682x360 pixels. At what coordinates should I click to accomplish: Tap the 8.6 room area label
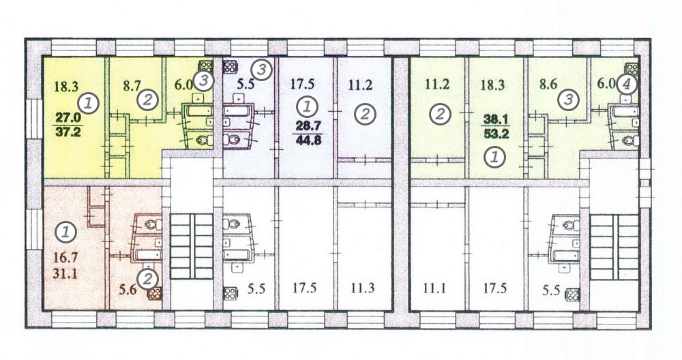coord(548,84)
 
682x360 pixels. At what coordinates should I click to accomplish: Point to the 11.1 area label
coord(434,288)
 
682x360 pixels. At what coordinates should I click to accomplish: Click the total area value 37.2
coord(68,132)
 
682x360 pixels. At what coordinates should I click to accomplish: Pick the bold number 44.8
coord(308,140)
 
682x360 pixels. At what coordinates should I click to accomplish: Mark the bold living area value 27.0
coord(68,118)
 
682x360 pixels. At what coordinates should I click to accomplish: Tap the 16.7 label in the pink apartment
coord(65,258)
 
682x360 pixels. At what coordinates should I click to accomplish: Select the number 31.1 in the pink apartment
coord(65,274)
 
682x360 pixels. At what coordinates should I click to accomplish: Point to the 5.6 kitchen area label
coord(128,289)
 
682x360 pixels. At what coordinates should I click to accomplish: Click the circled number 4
coord(626,84)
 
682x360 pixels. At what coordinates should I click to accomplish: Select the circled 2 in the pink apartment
coord(148,279)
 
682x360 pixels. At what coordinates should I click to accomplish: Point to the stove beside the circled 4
coord(632,68)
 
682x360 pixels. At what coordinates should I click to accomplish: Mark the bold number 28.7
coord(308,125)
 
